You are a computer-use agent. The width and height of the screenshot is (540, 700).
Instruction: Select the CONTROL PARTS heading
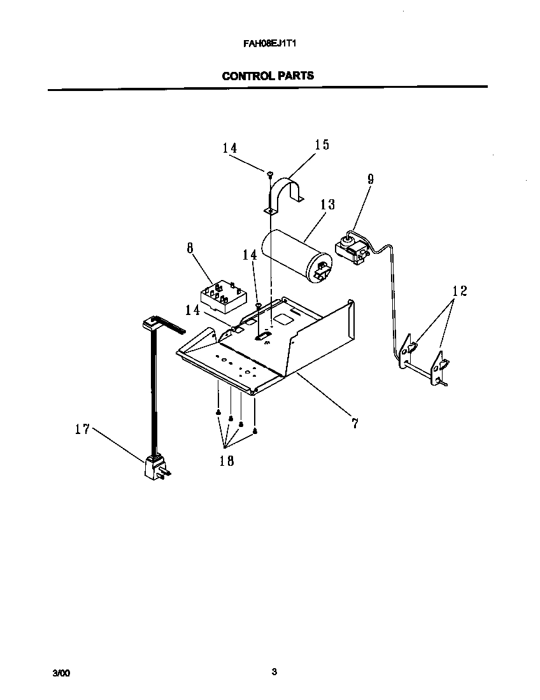click(x=267, y=76)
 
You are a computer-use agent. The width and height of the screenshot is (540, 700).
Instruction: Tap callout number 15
click(x=322, y=145)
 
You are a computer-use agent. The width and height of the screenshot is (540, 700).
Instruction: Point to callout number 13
click(x=327, y=204)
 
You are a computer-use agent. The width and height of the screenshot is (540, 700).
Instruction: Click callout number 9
click(x=370, y=179)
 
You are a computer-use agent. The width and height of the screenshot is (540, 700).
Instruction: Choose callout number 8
click(x=190, y=248)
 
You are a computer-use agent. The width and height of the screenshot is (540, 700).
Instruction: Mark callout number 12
click(x=459, y=291)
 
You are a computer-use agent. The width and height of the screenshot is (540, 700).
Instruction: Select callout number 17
click(x=82, y=430)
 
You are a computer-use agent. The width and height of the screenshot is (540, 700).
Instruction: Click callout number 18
click(x=226, y=461)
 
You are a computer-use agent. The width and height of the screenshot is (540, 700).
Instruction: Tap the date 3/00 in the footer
click(x=61, y=673)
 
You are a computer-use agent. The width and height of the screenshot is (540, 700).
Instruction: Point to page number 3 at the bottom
click(x=274, y=671)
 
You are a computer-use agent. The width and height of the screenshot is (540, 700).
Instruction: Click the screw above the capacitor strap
click(x=270, y=173)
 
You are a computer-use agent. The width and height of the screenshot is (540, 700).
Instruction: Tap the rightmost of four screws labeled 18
click(x=255, y=431)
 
